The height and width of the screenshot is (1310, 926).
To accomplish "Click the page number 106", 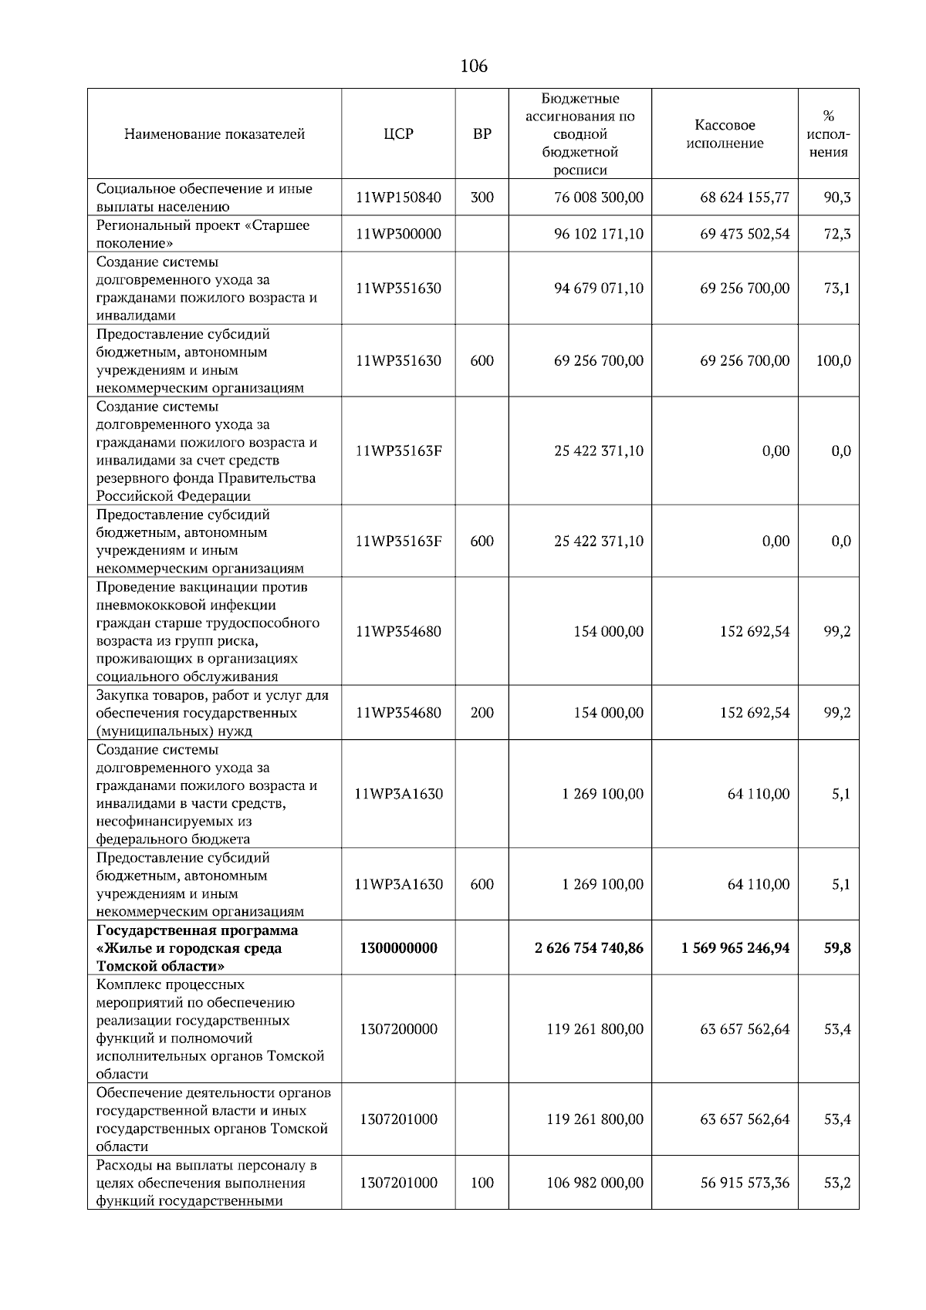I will click(x=473, y=66).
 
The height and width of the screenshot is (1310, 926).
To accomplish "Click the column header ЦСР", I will click(x=398, y=134).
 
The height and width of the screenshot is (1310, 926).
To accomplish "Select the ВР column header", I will click(x=482, y=134).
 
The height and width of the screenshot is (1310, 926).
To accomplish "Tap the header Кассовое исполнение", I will click(x=725, y=134).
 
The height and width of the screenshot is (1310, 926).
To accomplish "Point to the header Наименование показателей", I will click(x=214, y=134).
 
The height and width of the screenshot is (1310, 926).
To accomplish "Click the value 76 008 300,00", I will click(x=598, y=198).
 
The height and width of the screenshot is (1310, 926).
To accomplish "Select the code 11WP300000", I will click(x=398, y=234).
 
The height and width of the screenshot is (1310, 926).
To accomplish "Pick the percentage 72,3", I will click(x=836, y=234).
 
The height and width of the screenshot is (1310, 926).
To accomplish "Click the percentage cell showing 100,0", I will click(x=833, y=360).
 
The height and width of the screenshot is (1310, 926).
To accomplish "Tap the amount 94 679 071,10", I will click(x=598, y=289).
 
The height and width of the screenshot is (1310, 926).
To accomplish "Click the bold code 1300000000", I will click(x=398, y=948).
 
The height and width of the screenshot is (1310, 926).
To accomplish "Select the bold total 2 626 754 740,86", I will click(x=589, y=948).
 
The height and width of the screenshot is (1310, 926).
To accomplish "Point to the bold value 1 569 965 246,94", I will click(x=735, y=948).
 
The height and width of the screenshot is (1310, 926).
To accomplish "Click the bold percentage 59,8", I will click(x=836, y=948).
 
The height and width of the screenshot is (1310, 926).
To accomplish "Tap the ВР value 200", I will click(x=482, y=713).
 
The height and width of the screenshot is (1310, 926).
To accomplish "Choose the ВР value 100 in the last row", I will click(x=482, y=1183).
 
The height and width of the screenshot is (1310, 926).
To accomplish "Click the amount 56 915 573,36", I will click(x=744, y=1183).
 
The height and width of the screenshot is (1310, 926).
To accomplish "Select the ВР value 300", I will click(x=482, y=198).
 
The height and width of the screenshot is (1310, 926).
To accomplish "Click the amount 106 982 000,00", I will click(x=594, y=1183).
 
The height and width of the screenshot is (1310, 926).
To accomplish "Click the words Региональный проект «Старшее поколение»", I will click(x=202, y=234).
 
